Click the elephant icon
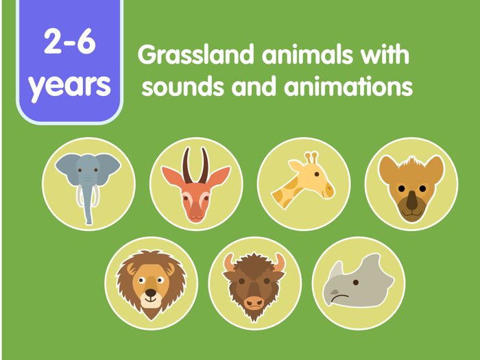tap(88, 184)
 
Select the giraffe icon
tap(304, 184)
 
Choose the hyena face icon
tap(411, 184)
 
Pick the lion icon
tap(151, 283)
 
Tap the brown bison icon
tap(254, 283)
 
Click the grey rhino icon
tap(359, 283)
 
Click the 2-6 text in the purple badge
tap(69, 43)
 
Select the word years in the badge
tap(69, 84)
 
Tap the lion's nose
tap(150, 293)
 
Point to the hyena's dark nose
tap(411, 201)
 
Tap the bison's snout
tap(254, 302)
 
